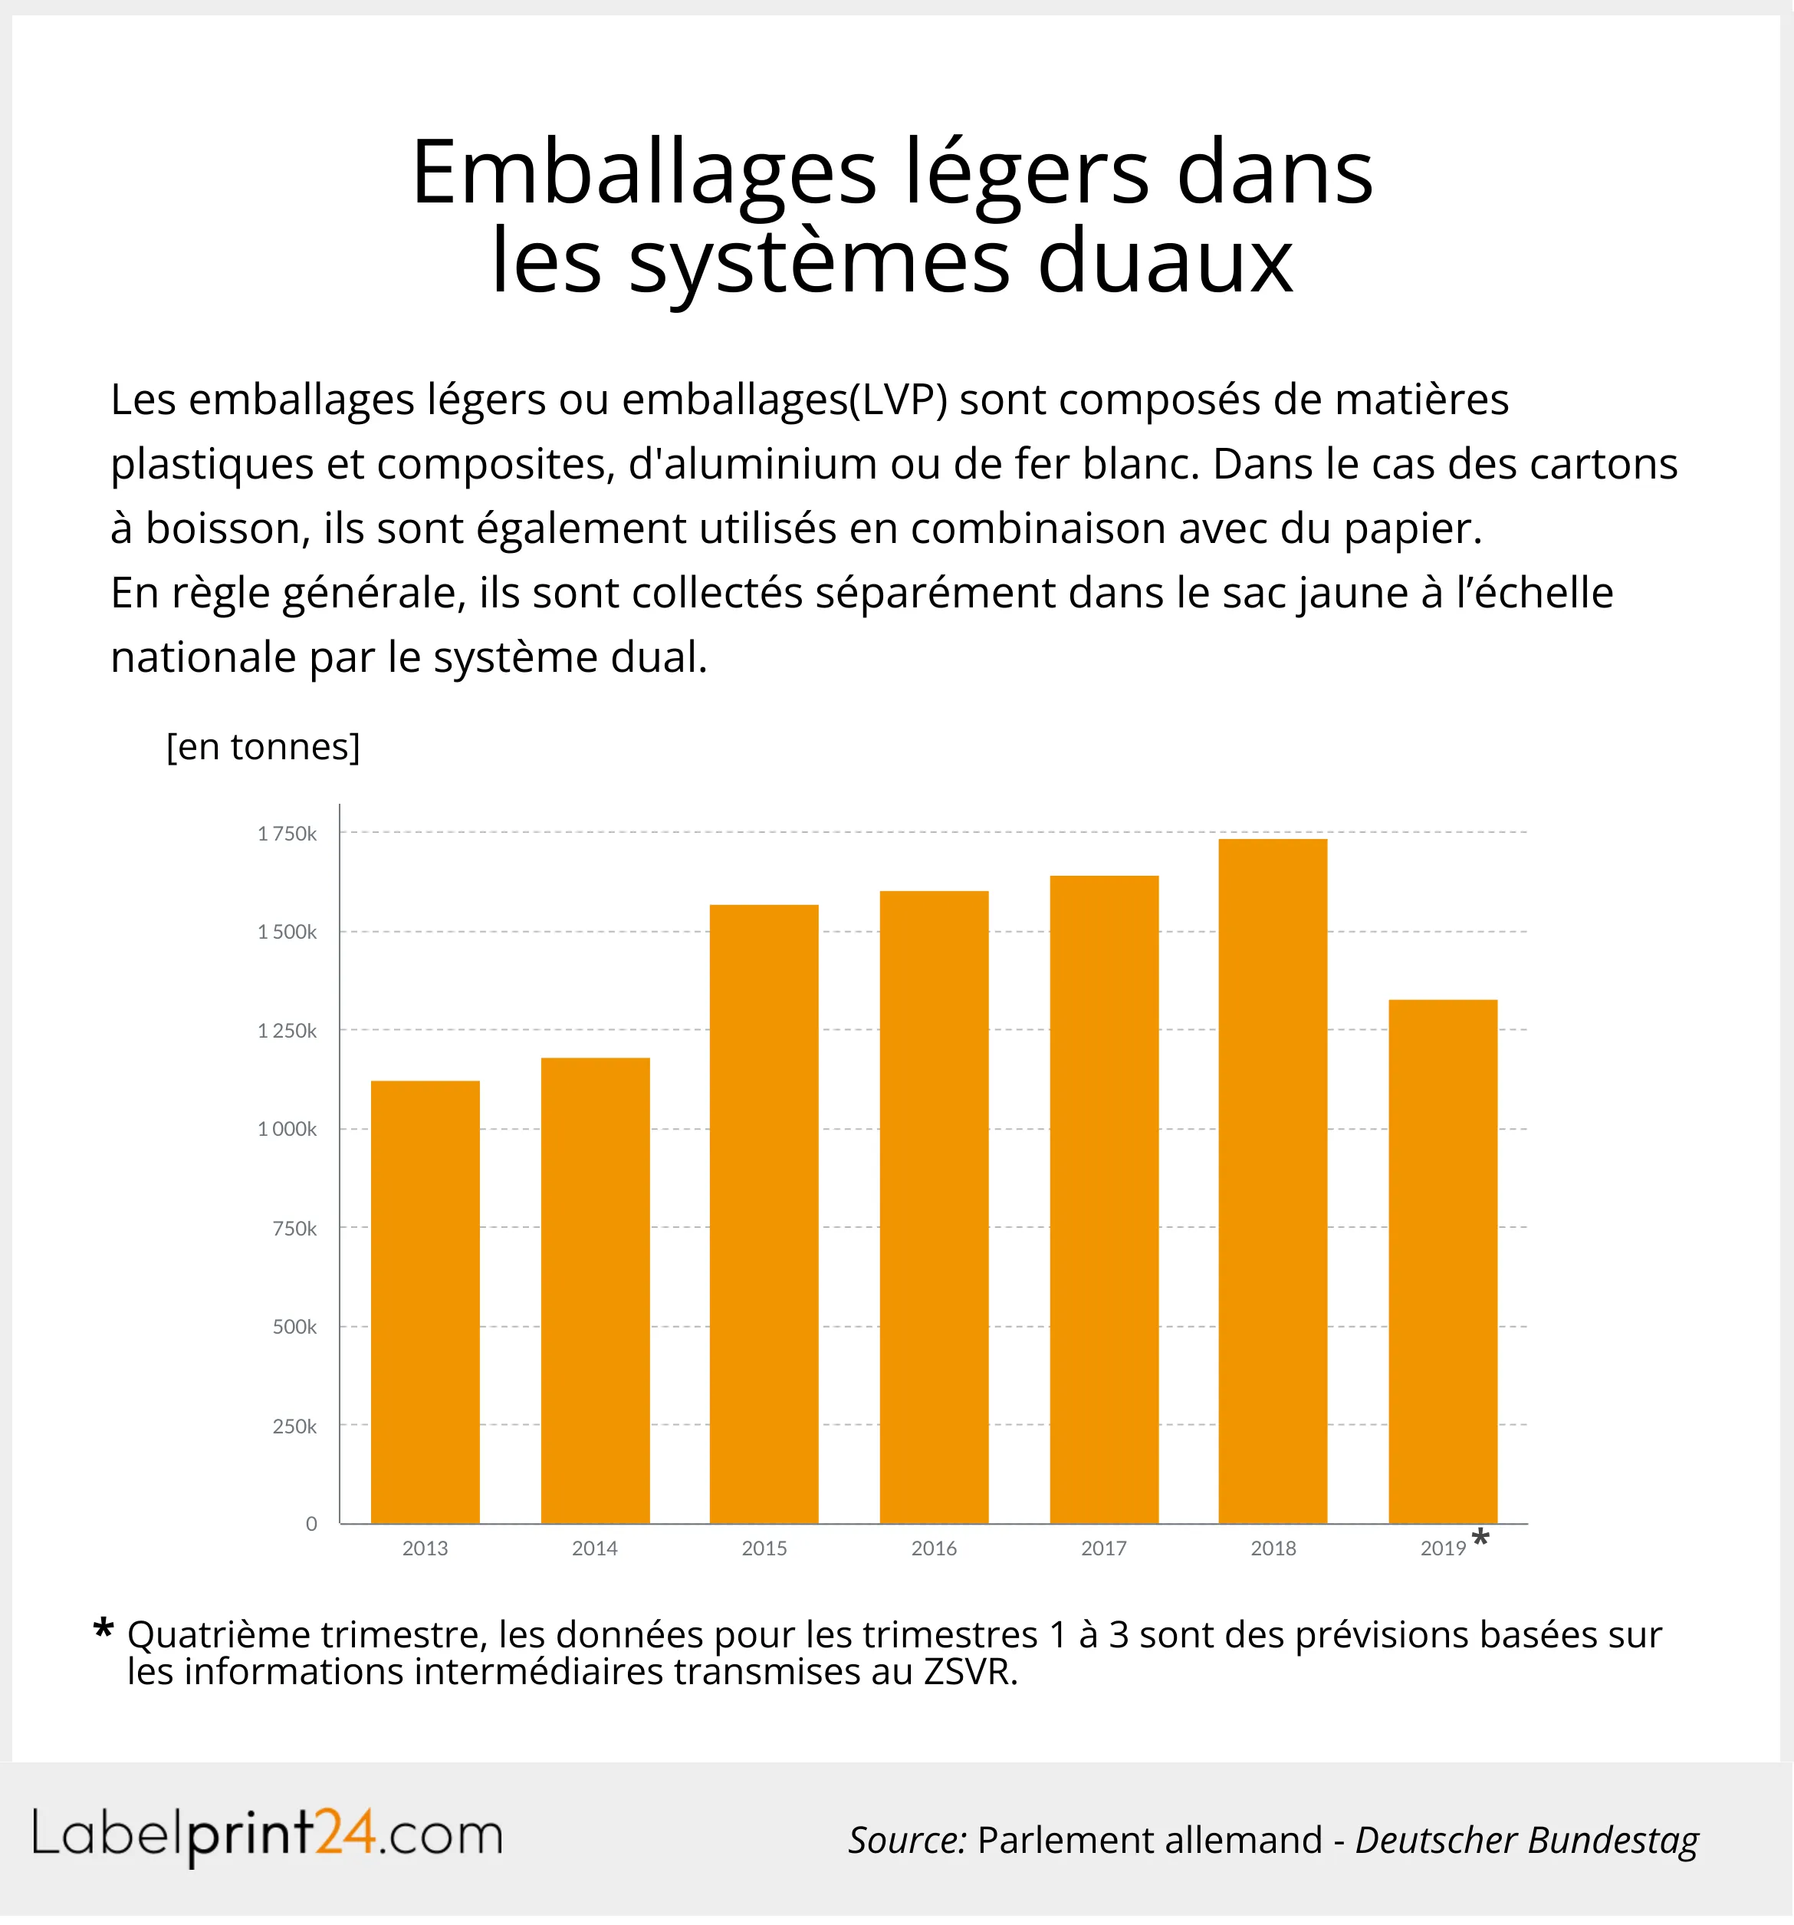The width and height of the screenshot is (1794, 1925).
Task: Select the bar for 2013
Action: click(425, 1302)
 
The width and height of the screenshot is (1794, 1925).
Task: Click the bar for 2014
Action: click(594, 1291)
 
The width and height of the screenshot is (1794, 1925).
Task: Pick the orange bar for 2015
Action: click(764, 1214)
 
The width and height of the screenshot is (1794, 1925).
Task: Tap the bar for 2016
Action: click(933, 1207)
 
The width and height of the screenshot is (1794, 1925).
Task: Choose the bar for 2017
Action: click(1104, 1199)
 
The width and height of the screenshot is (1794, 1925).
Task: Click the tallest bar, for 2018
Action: click(1272, 1181)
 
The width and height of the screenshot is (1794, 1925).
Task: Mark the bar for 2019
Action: click(1443, 1262)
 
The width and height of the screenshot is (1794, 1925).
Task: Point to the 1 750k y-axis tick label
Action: click(287, 834)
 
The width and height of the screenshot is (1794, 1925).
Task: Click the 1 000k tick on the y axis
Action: click(287, 1129)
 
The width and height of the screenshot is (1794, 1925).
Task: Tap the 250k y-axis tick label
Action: click(294, 1426)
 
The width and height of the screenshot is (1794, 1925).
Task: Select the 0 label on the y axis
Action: click(310, 1524)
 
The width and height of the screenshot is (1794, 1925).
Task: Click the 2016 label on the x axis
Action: click(933, 1548)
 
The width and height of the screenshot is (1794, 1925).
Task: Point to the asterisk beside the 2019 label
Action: click(1480, 1538)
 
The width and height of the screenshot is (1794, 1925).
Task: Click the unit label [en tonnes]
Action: click(263, 746)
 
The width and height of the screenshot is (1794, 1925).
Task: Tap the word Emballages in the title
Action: click(644, 174)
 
